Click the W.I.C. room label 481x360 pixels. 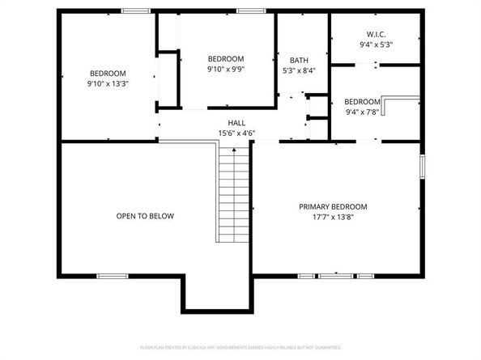[376, 34]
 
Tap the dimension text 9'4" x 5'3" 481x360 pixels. [376, 45]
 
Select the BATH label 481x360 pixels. [298, 59]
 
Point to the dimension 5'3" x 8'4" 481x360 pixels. [298, 70]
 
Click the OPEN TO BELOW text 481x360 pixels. [145, 216]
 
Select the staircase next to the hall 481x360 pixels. [233, 193]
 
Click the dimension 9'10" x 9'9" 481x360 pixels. [226, 70]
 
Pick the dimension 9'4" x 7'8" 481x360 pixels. [362, 112]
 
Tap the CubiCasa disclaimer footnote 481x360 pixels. [240, 347]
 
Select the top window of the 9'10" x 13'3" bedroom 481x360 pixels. [134, 10]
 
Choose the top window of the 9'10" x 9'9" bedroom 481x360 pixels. [251, 10]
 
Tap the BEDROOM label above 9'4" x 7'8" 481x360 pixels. [362, 101]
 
